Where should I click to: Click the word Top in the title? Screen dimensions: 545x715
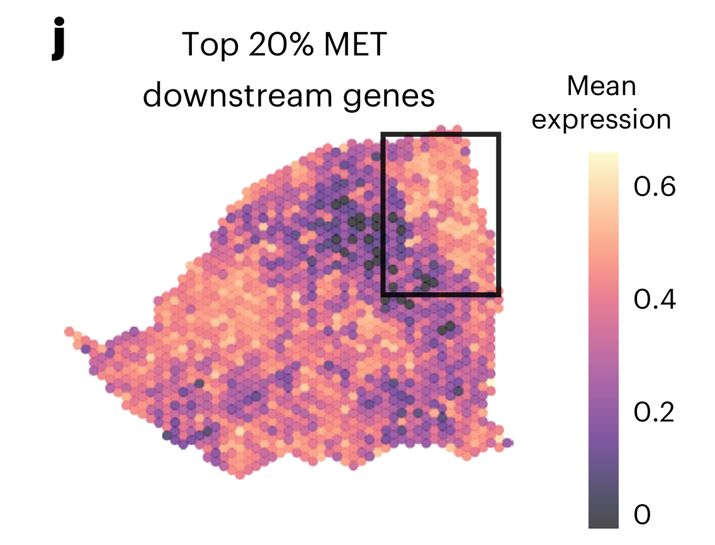pyautogui.click(x=205, y=45)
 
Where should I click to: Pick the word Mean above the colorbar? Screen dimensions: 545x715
pyautogui.click(x=601, y=86)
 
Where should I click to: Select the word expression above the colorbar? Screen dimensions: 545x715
pyautogui.click(x=601, y=119)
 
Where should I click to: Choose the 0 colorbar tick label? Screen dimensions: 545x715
pyautogui.click(x=641, y=515)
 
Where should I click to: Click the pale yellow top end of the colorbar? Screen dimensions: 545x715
pyautogui.click(x=603, y=158)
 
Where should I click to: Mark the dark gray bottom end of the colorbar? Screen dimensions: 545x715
pyautogui.click(x=603, y=523)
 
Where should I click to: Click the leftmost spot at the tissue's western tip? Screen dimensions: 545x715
pyautogui.click(x=69, y=332)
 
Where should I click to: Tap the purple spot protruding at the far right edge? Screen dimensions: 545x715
pyautogui.click(x=508, y=442)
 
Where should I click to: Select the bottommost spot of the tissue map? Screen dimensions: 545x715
pyautogui.click(x=240, y=474)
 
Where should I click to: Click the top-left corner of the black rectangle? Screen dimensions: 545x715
pyautogui.click(x=383, y=135)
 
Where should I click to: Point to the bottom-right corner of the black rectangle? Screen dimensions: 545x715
pyautogui.click(x=498, y=294)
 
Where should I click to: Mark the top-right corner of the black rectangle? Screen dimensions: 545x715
pyautogui.click(x=498, y=135)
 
